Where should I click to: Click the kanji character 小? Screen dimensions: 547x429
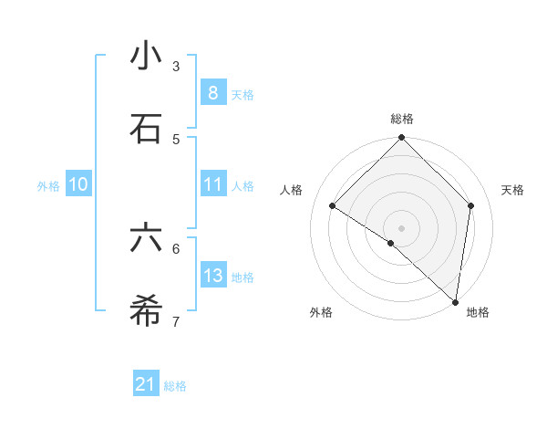coord(146,56)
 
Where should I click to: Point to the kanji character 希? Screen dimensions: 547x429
coord(146,310)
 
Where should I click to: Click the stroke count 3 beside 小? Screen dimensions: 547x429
coord(176,67)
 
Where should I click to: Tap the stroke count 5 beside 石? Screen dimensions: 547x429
coord(176,139)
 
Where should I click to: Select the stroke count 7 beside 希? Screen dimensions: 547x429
coord(176,321)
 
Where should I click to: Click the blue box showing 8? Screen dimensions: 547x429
coord(212,92)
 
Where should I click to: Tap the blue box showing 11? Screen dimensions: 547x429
coord(212,184)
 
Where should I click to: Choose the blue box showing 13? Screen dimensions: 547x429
coord(212,275)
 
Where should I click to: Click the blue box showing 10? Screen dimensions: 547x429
coord(78,184)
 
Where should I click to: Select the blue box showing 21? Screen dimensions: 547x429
coord(146,384)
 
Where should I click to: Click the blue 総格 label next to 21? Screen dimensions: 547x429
coord(175,386)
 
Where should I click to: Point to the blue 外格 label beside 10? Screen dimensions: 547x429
coord(48,186)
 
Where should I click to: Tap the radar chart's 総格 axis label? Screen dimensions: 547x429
coord(402,119)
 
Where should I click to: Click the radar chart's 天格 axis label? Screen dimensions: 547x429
coord(512,190)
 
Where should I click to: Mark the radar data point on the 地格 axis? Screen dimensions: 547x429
coord(455,301)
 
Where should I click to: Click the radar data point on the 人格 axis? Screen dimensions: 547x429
coord(333,206)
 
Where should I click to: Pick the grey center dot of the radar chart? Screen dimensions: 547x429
coord(402,227)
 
